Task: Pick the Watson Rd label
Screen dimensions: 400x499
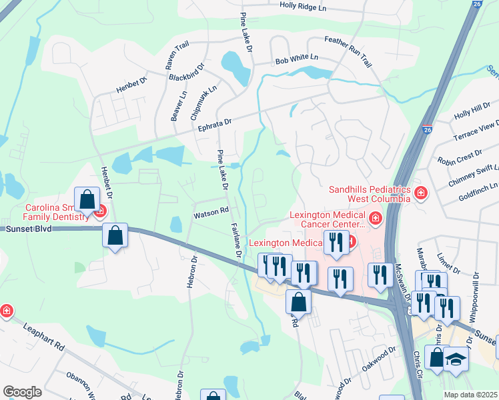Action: coord(211,215)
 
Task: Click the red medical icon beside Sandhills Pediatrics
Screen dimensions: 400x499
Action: coord(420,194)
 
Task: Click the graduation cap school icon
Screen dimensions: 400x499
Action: coord(456,359)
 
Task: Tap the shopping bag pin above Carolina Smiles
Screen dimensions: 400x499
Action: coord(87,199)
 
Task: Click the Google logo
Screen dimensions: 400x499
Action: coord(22,392)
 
